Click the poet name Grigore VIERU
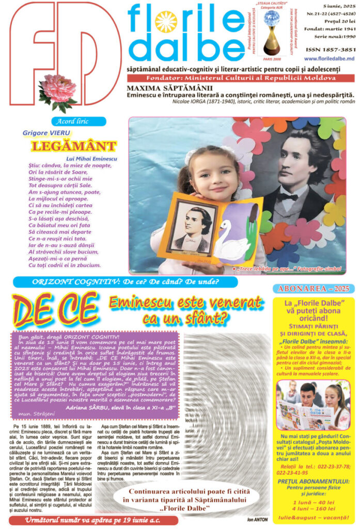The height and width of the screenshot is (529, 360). [42, 133]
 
